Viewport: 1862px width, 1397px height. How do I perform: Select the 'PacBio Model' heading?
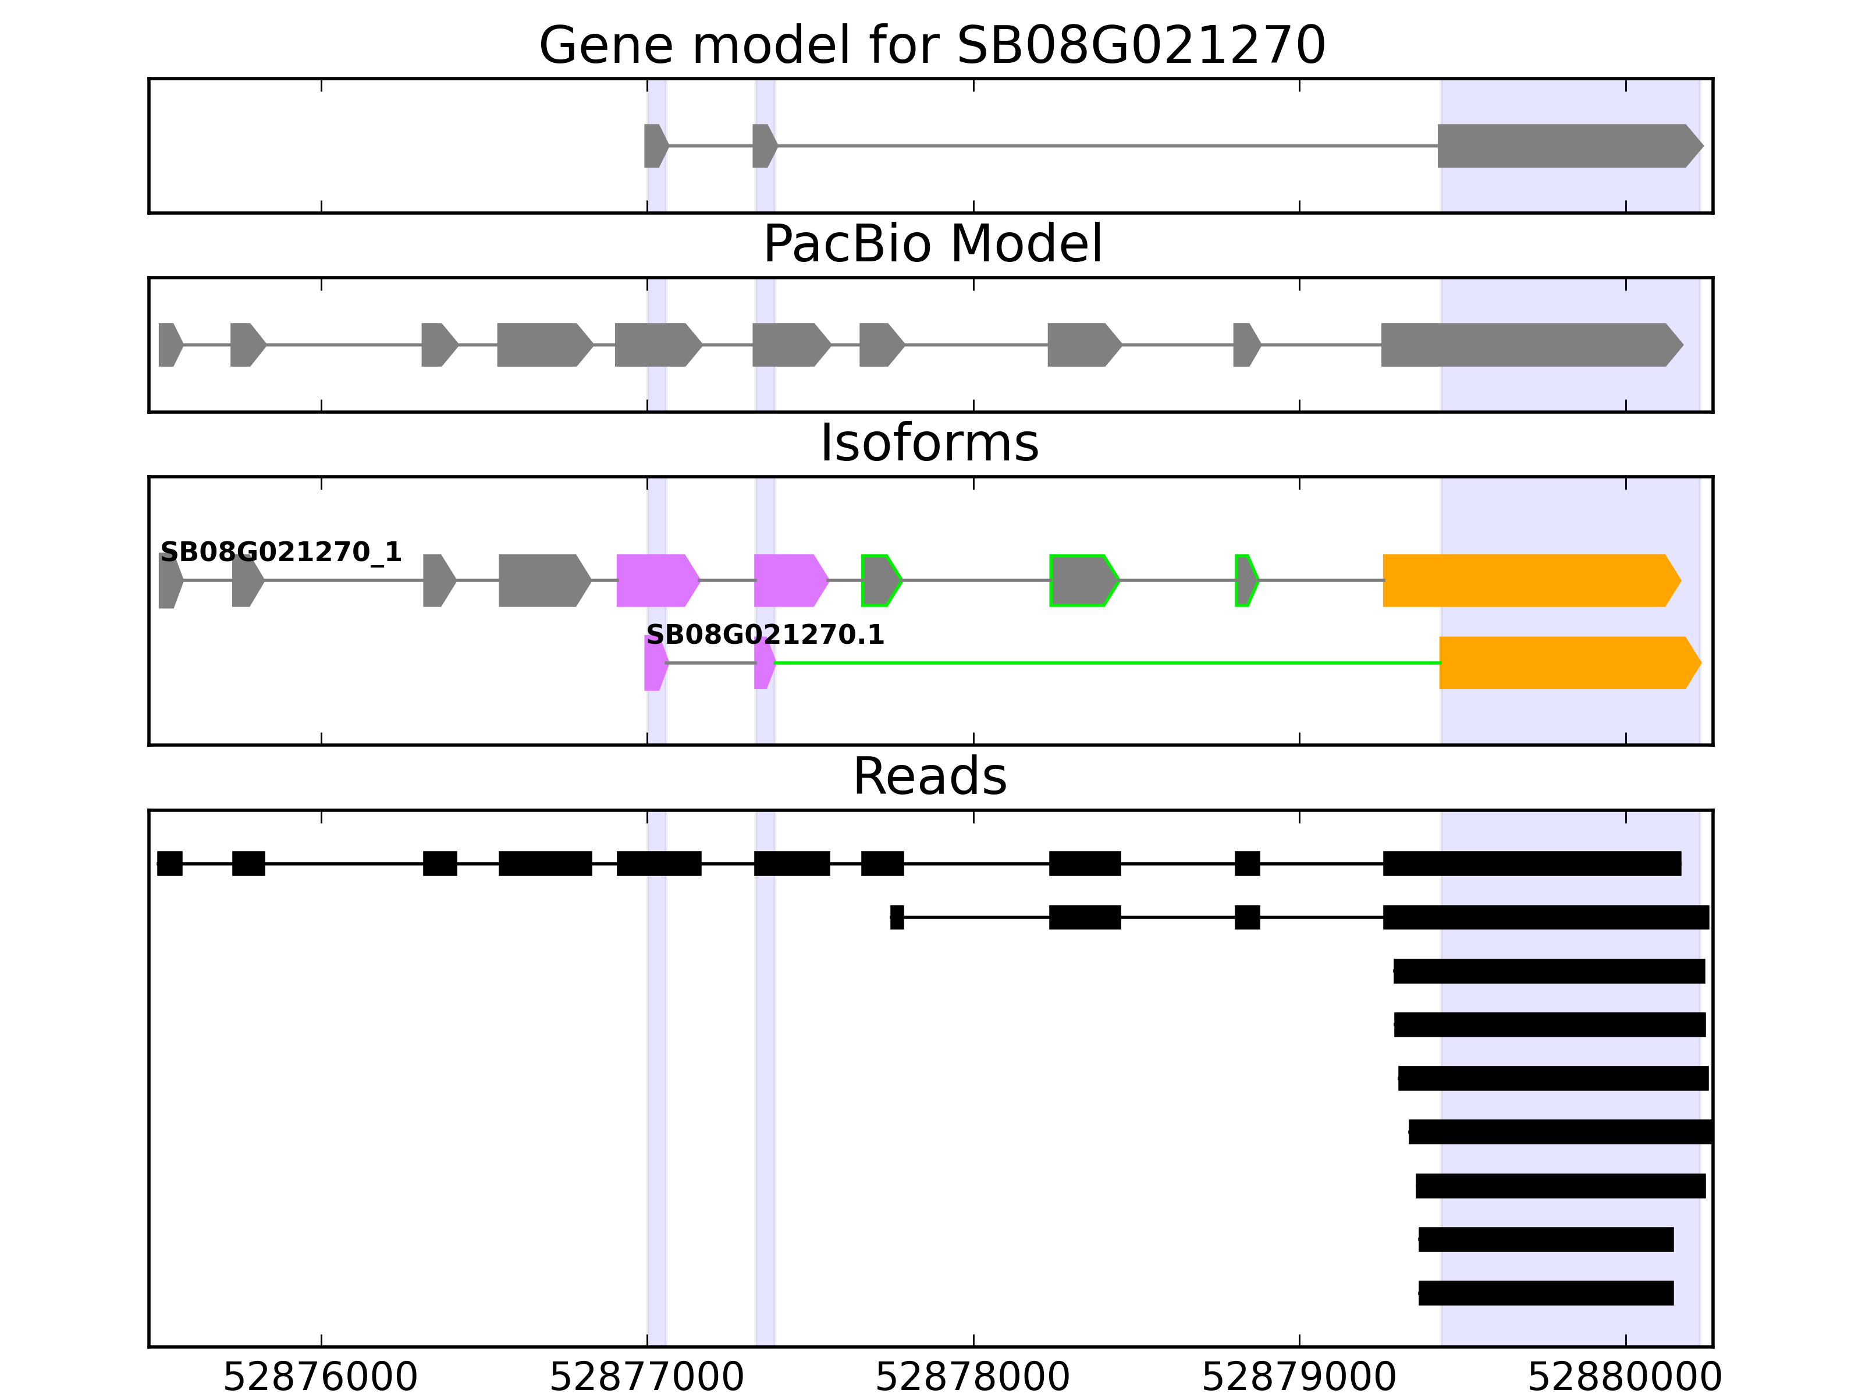(x=931, y=244)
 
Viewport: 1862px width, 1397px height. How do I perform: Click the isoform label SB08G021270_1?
(x=280, y=552)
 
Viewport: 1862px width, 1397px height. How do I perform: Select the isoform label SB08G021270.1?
(x=765, y=635)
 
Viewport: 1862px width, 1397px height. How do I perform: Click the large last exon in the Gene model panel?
(x=1566, y=146)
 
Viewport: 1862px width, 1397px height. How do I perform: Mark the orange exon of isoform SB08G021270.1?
(x=1566, y=663)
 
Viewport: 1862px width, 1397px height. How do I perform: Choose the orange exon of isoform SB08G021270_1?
(x=1528, y=580)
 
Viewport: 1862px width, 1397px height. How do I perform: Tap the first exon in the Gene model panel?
(x=654, y=146)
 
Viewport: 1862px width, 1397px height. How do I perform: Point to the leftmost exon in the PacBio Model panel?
(x=168, y=345)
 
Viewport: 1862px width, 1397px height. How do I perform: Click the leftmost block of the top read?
(x=169, y=863)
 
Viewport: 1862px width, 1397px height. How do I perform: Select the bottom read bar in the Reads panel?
(x=1545, y=1293)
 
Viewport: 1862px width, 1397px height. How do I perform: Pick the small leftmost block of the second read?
(x=897, y=917)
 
